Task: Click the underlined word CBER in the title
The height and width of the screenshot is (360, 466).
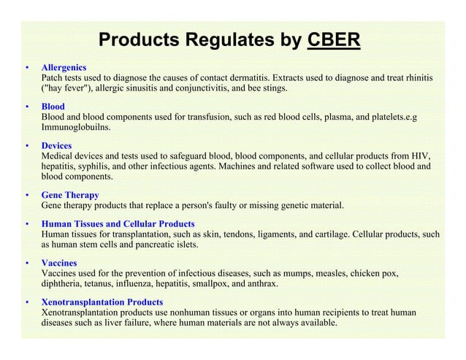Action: [334, 39]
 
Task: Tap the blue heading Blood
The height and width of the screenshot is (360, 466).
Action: [53, 107]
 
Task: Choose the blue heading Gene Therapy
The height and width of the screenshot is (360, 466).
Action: [70, 196]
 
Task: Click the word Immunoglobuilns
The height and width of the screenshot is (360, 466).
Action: [76, 126]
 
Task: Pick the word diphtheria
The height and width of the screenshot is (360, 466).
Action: [63, 283]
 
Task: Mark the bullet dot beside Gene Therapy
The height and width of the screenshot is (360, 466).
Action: [27, 196]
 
